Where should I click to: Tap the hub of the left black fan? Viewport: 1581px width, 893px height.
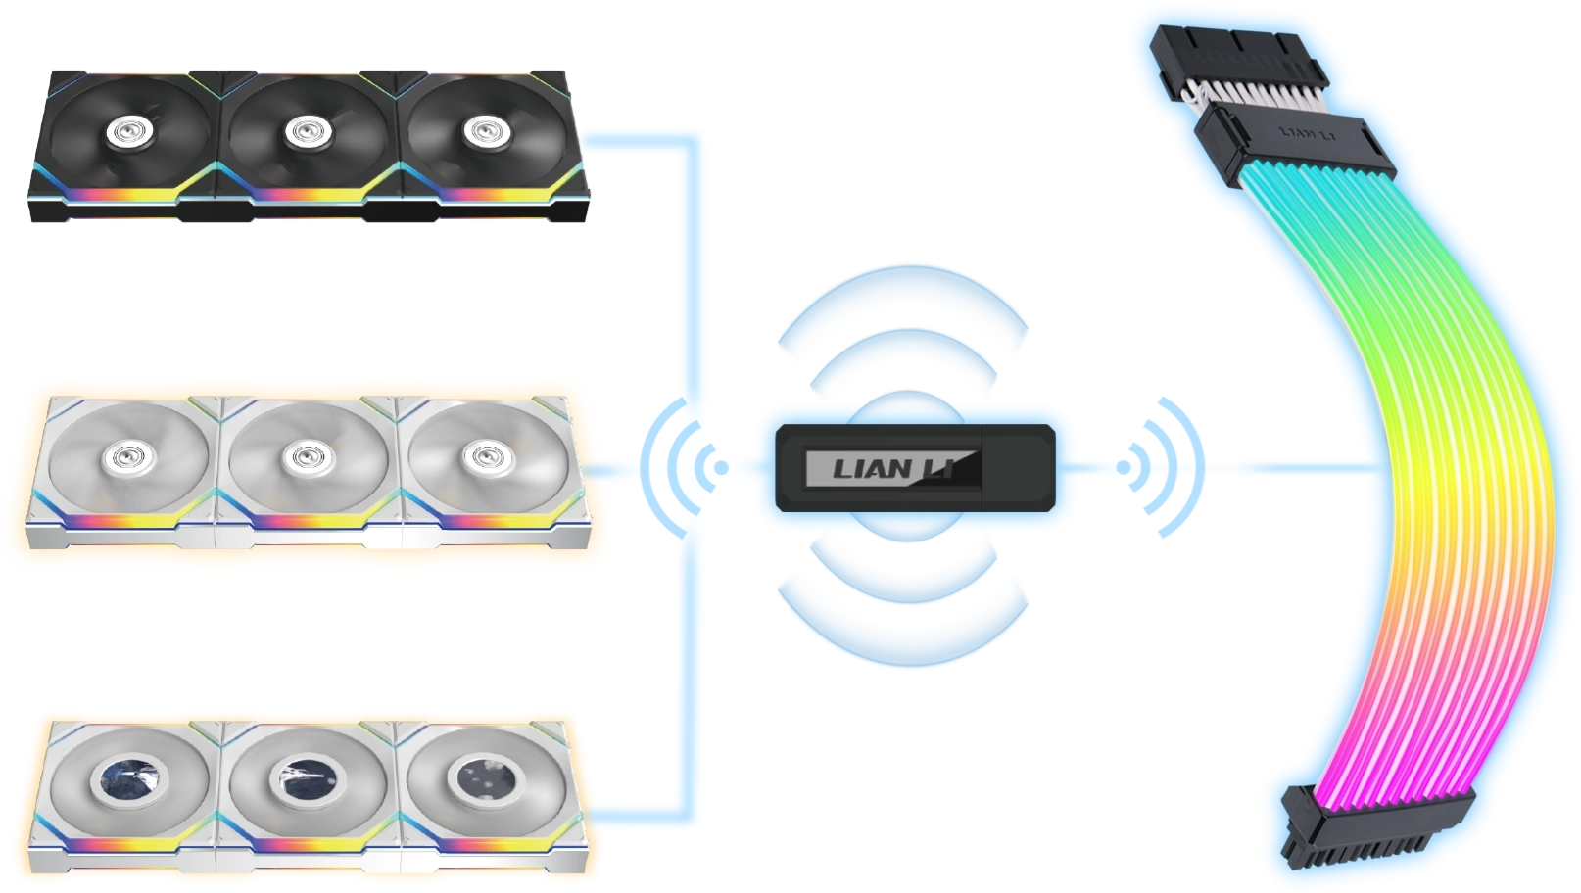coord(125,129)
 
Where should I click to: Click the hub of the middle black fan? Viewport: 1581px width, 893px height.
coord(302,129)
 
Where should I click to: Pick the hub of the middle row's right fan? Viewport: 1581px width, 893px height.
coord(480,456)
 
